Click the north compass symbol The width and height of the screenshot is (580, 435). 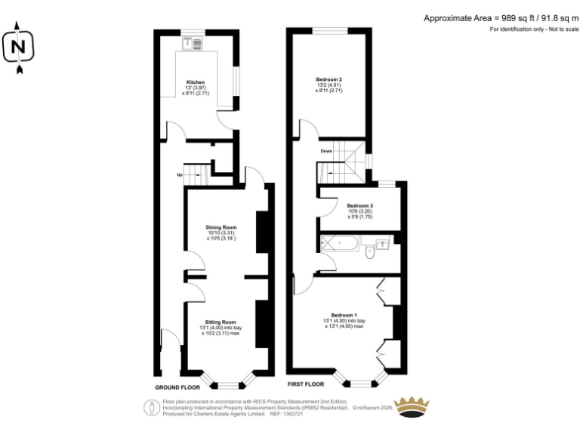click(x=19, y=48)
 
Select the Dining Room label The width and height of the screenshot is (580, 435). click(x=221, y=227)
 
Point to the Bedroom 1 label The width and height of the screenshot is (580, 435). click(x=344, y=314)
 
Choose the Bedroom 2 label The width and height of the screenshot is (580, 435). click(x=329, y=79)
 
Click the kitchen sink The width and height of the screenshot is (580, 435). click(x=196, y=43)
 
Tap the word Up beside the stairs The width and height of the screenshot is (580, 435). click(x=179, y=175)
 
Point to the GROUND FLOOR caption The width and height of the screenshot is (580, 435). click(x=177, y=387)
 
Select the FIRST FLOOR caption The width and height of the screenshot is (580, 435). click(x=306, y=384)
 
